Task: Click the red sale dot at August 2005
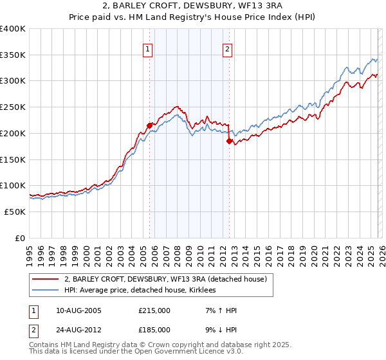click(x=149, y=125)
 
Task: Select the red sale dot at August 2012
click(x=229, y=141)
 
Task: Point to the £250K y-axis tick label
click(x=13, y=107)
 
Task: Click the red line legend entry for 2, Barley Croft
click(x=169, y=279)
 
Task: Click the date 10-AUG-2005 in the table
click(x=78, y=310)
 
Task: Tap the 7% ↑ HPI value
click(x=219, y=310)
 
